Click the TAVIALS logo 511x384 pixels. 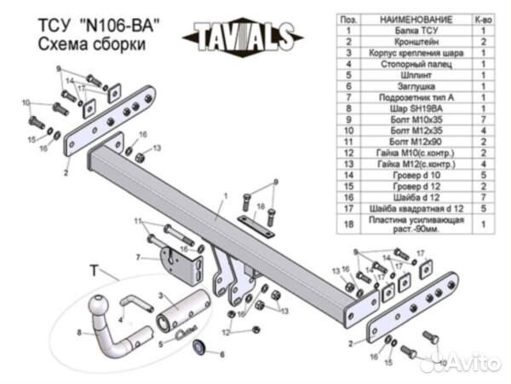pos(242,35)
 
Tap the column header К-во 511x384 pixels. pos(483,18)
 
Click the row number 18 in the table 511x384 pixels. pos(347,224)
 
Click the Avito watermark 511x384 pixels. pos(460,364)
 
